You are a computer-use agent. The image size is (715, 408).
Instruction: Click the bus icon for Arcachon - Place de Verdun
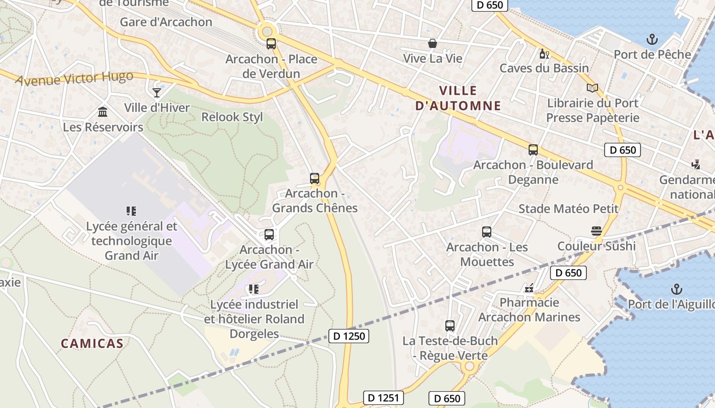[x=271, y=44]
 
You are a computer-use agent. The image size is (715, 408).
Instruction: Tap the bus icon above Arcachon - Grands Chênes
[x=315, y=178]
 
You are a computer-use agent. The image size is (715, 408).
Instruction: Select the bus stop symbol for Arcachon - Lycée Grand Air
[x=269, y=235]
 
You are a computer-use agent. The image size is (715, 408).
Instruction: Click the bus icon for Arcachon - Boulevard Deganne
[x=533, y=150]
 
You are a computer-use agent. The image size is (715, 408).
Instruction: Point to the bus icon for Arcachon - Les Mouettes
[x=487, y=232]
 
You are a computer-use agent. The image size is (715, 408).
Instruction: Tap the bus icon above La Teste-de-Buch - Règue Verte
[x=450, y=325]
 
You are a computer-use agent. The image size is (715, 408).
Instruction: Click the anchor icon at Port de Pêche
[x=652, y=39]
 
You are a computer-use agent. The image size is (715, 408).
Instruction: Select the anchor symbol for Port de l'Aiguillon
[x=676, y=289]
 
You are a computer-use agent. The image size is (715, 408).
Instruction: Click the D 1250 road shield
[x=348, y=336]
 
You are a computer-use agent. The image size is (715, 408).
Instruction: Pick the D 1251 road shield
[x=384, y=398]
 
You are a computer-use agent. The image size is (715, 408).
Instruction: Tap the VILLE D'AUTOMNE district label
[x=458, y=98]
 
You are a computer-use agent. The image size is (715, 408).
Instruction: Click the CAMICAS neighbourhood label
[x=92, y=343]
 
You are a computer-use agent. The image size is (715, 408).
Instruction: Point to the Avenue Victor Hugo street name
[x=74, y=79]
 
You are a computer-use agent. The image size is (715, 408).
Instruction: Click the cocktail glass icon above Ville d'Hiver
[x=157, y=92]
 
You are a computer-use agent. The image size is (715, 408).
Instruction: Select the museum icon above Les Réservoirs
[x=103, y=112]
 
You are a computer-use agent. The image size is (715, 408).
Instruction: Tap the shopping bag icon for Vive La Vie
[x=433, y=43]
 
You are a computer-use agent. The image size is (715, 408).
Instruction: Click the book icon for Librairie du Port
[x=592, y=88]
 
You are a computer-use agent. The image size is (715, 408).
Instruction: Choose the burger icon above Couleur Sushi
[x=596, y=231]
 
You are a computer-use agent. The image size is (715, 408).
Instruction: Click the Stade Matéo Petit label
[x=568, y=209]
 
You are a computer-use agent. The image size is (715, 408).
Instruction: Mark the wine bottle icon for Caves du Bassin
[x=544, y=54]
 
